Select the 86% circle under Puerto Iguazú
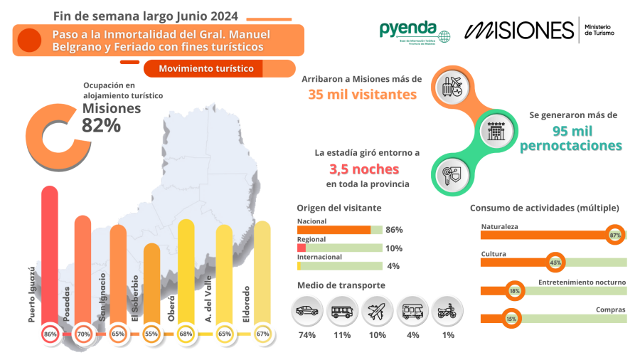point(50,334)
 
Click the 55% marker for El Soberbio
point(151,334)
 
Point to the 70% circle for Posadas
point(83,334)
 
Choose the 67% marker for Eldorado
point(262,334)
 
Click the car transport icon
point(307,311)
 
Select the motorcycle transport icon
point(447,311)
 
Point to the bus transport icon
point(342,311)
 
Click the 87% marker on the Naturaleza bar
point(615,235)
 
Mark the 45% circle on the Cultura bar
point(555,263)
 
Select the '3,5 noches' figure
point(364,169)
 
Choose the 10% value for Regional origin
point(394,248)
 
